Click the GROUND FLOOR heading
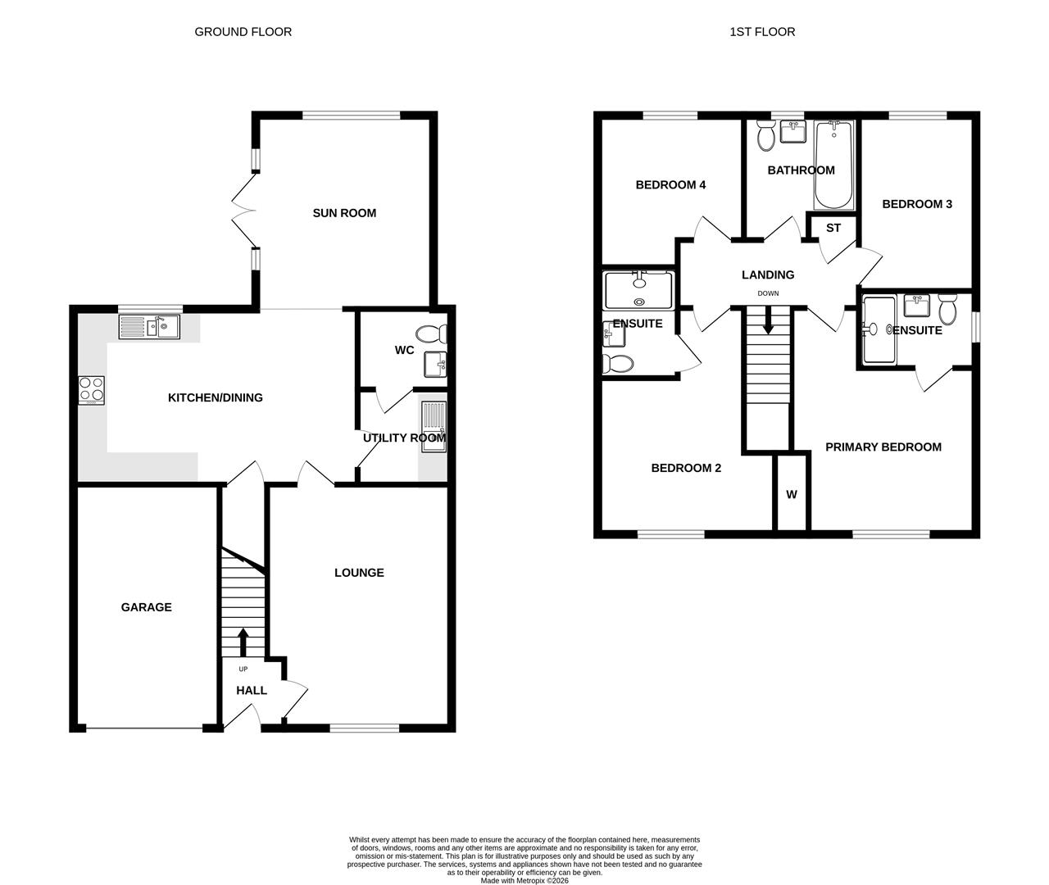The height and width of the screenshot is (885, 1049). (243, 32)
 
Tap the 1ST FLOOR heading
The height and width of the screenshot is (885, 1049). (762, 32)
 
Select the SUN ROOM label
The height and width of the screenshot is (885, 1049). (344, 213)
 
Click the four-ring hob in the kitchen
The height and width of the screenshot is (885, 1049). (92, 390)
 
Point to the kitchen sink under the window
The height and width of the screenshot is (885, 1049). (149, 327)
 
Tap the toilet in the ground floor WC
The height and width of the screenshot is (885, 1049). (432, 334)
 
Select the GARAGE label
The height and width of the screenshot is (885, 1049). (146, 607)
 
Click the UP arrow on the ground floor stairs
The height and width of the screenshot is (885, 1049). (243, 642)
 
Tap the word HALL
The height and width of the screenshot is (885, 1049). (252, 691)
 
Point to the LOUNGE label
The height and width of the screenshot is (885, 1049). (359, 573)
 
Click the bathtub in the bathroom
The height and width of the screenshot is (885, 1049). (833, 164)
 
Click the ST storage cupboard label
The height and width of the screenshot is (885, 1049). (833, 228)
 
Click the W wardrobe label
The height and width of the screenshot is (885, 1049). (792, 495)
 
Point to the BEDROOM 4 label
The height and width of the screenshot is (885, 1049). (670, 185)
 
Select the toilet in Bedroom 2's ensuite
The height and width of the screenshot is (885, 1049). (618, 363)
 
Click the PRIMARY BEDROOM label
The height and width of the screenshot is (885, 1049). (883, 447)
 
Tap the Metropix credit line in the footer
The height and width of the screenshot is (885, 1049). (524, 880)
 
